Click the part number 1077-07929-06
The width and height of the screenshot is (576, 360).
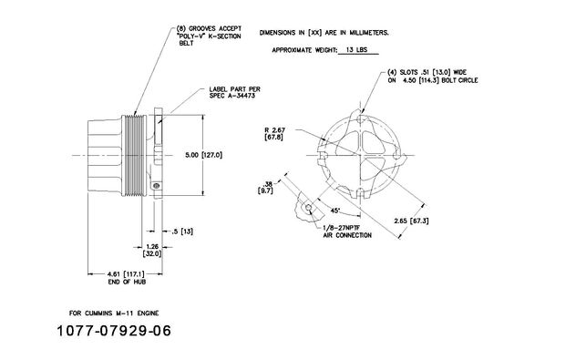pos(114,331)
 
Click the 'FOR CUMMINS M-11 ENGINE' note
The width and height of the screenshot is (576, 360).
pos(114,314)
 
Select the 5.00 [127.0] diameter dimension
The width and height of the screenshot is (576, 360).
pos(203,155)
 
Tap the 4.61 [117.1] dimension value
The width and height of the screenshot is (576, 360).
pos(126,274)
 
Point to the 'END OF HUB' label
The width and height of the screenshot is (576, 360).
pos(127,282)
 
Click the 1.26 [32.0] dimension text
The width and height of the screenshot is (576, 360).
pos(152,250)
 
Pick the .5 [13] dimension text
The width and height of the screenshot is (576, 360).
pos(182,231)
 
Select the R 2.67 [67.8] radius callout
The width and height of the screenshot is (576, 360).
pos(274,133)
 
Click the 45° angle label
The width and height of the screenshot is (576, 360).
pos(334,211)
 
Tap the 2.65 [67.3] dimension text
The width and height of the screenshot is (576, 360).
pos(411,221)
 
